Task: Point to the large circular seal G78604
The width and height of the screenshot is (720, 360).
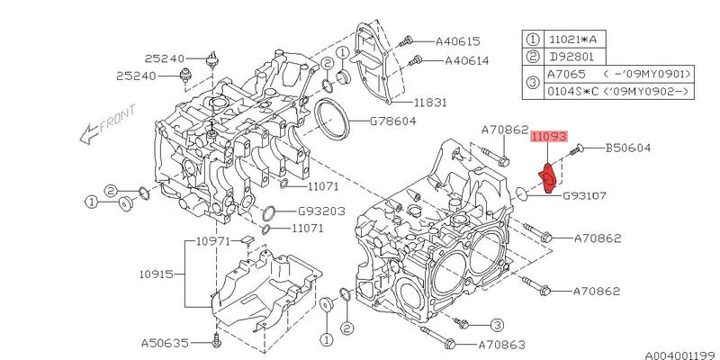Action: pyautogui.click(x=331, y=120)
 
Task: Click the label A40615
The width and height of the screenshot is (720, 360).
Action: pyautogui.click(x=457, y=40)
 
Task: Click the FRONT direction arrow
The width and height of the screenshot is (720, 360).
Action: pyautogui.click(x=104, y=125)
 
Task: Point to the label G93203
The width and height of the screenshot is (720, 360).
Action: pyautogui.click(x=320, y=213)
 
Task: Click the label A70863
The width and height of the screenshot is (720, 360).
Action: pyautogui.click(x=502, y=344)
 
